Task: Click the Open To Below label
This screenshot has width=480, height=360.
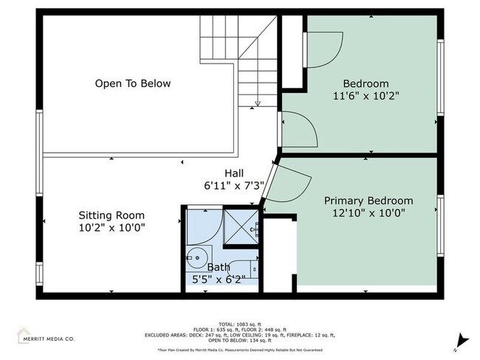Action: click(133, 83)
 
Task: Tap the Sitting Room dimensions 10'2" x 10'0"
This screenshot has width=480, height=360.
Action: click(112, 228)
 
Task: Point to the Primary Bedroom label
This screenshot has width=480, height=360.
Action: click(368, 201)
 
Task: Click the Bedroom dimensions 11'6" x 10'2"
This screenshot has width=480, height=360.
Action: click(366, 96)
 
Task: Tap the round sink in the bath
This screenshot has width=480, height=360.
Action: click(196, 258)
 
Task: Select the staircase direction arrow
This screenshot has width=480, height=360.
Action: click(257, 103)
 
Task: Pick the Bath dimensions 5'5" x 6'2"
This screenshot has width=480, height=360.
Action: click(218, 280)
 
